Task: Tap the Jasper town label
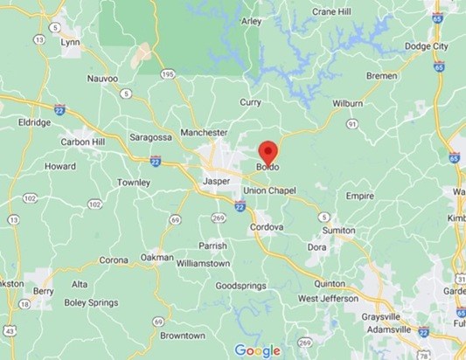point(215,181)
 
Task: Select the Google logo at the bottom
point(257,350)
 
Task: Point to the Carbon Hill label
point(84,142)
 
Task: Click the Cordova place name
point(268,227)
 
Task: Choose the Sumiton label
point(338,230)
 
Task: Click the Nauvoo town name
point(102,78)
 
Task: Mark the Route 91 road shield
point(351,125)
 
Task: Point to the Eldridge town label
point(32,123)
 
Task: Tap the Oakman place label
point(157,258)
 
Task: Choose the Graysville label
point(385,316)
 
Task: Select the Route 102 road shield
point(30,198)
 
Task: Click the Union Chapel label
point(270,190)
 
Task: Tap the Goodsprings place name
point(240,286)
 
